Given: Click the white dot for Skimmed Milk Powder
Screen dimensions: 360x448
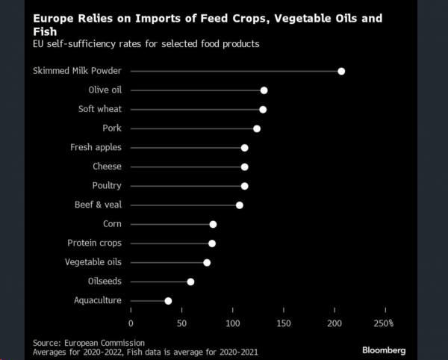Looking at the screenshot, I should click(x=341, y=71).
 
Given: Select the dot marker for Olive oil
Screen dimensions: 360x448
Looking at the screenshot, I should click(x=264, y=90).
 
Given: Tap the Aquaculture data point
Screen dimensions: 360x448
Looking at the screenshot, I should click(x=168, y=301).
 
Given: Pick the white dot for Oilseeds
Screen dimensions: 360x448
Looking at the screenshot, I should click(x=190, y=282).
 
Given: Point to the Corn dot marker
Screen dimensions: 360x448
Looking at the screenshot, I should click(x=213, y=224).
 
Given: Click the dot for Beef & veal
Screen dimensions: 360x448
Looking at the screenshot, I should click(x=240, y=205).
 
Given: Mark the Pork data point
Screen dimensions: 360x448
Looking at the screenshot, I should click(x=257, y=128).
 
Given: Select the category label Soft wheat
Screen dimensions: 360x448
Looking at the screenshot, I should click(x=99, y=109).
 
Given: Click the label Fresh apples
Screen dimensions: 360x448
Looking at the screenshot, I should click(x=96, y=147).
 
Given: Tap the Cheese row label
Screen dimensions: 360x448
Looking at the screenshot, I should click(x=107, y=167).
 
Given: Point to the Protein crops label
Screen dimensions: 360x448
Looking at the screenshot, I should click(x=94, y=243).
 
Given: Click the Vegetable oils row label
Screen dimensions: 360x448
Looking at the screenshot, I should click(x=93, y=262).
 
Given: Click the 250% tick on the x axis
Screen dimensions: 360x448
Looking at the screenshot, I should click(x=384, y=323).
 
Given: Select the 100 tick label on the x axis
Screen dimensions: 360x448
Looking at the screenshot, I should click(x=233, y=323).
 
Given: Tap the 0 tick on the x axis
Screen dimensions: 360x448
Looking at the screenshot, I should click(x=131, y=323).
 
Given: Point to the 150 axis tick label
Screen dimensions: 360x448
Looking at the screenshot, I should click(x=284, y=323).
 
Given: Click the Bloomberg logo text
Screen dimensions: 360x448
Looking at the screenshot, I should click(x=384, y=350).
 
